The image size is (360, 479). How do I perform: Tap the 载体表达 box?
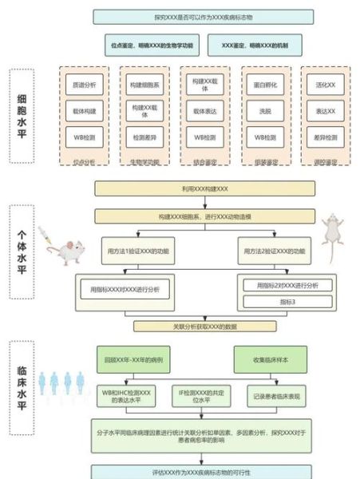click(204, 110)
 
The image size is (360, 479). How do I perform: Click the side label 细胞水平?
click(22, 120)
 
